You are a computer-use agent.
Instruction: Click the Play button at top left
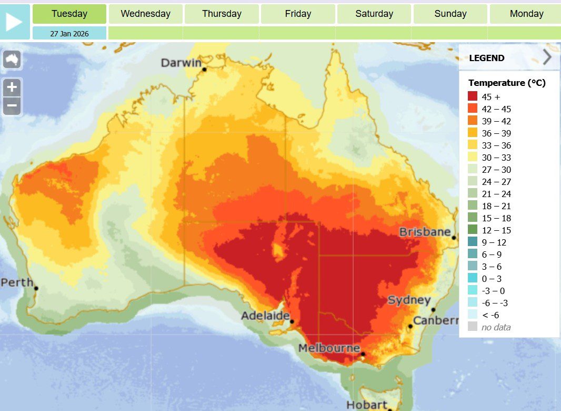coord(14,22)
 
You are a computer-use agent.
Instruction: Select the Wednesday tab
coord(145,14)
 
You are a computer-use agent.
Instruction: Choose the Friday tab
coord(298,14)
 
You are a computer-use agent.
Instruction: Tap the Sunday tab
coord(450,14)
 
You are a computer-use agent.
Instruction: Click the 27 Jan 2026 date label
coord(69,33)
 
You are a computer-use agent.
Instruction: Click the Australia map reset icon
coord(12,59)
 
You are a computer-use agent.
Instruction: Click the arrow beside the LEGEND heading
coord(547,57)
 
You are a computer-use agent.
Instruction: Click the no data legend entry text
coord(496,327)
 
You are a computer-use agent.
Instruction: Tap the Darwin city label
coord(181,63)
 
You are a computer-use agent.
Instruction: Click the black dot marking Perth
coord(36,288)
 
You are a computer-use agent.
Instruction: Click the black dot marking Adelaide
coord(292,321)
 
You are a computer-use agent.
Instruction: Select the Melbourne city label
coord(329,348)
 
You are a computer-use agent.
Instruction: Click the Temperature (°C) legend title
coord(507,83)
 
